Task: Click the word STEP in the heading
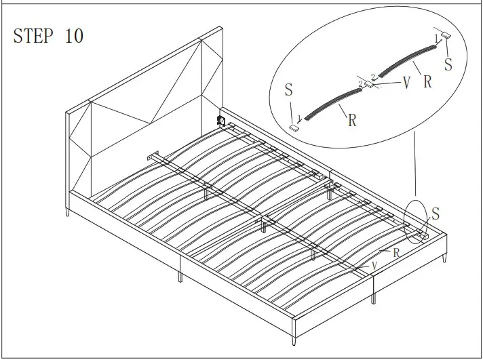click(x=35, y=37)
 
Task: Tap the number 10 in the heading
click(x=74, y=37)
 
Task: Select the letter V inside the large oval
click(x=406, y=83)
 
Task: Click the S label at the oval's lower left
click(x=289, y=90)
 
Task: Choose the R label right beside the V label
click(x=427, y=83)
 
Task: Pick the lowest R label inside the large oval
click(x=352, y=120)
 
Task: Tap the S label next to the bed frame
click(x=436, y=214)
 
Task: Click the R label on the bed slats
click(x=394, y=252)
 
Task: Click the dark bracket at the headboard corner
click(x=220, y=121)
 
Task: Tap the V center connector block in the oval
click(x=367, y=83)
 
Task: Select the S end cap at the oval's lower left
click(x=295, y=126)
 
